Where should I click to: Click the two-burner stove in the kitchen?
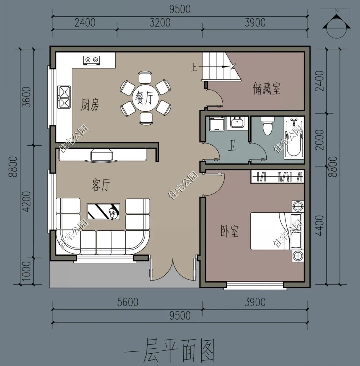click(x=92, y=60)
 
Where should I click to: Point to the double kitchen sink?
click(x=64, y=97)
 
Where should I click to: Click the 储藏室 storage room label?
click(x=267, y=89)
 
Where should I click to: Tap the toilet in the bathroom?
click(x=268, y=126)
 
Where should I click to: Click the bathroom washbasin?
click(x=237, y=123)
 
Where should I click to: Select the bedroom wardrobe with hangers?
click(x=277, y=176)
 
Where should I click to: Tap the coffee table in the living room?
click(x=103, y=211)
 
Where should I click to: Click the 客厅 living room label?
click(x=100, y=185)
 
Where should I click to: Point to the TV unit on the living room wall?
click(x=103, y=155)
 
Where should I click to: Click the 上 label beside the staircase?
click(x=194, y=68)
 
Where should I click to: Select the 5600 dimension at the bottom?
click(x=128, y=302)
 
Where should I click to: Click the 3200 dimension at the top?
click(x=160, y=23)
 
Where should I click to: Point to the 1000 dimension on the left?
click(x=27, y=271)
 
